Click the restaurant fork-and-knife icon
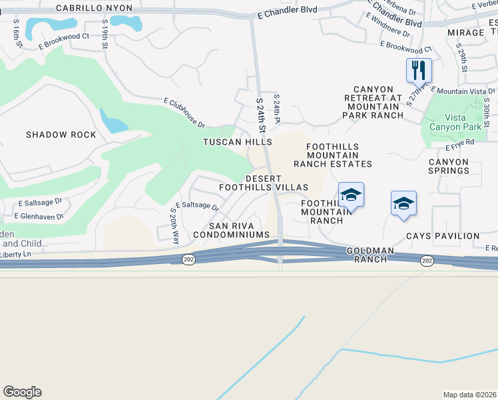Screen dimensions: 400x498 (x=419, y=69)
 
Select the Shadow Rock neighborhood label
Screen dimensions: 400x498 (x=61, y=135)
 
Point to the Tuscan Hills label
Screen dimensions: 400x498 (x=238, y=143)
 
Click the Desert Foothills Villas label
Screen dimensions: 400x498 (x=276, y=183)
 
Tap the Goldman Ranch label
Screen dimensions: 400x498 (x=366, y=254)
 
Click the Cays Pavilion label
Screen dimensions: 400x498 (x=443, y=236)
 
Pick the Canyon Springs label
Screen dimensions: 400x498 (x=449, y=166)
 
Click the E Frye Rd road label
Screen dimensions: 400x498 (x=460, y=142)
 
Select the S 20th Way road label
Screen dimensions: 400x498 (x=175, y=225)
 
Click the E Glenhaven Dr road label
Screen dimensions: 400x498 (x=41, y=215)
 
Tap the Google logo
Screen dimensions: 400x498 (x=22, y=392)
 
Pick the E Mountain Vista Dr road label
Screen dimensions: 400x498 (x=463, y=90)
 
